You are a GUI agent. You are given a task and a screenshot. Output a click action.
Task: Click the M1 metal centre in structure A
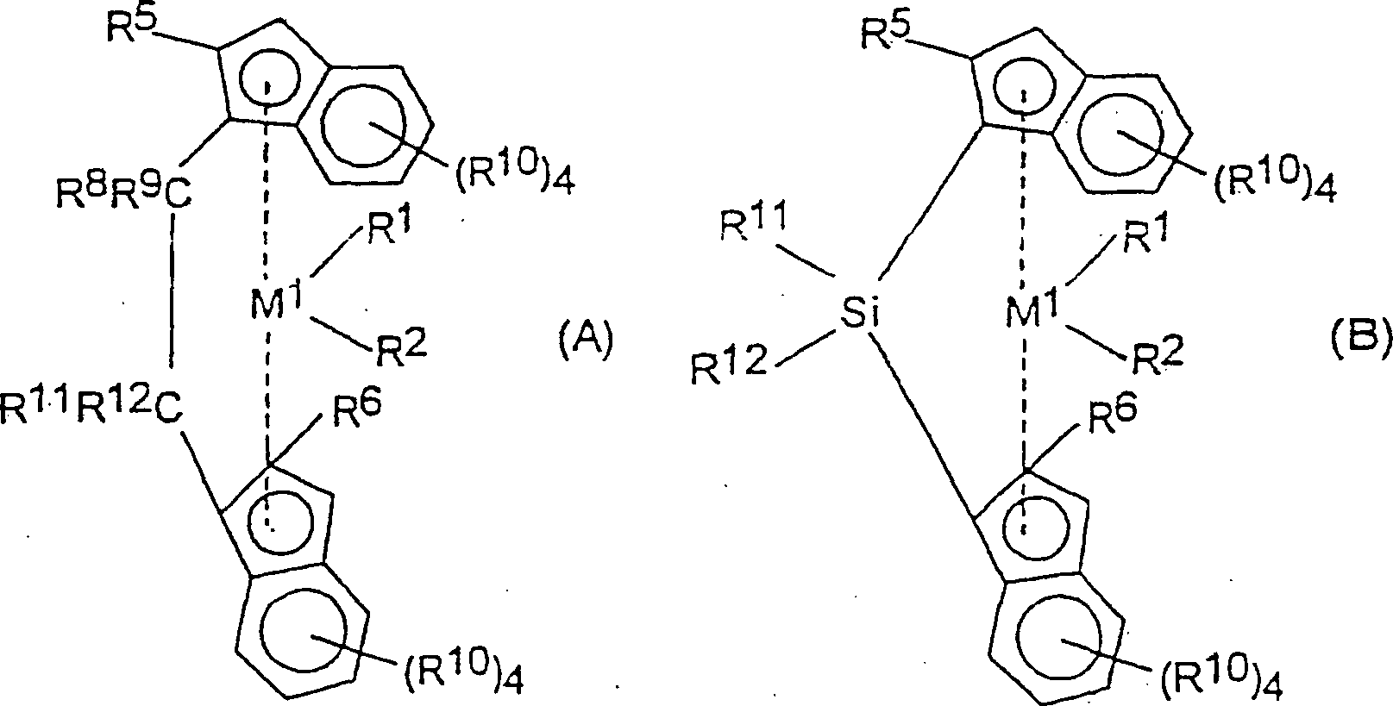click(x=276, y=302)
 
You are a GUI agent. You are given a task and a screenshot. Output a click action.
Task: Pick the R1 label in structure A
click(x=390, y=230)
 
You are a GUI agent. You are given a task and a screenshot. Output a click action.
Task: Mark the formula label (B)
click(x=1361, y=338)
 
